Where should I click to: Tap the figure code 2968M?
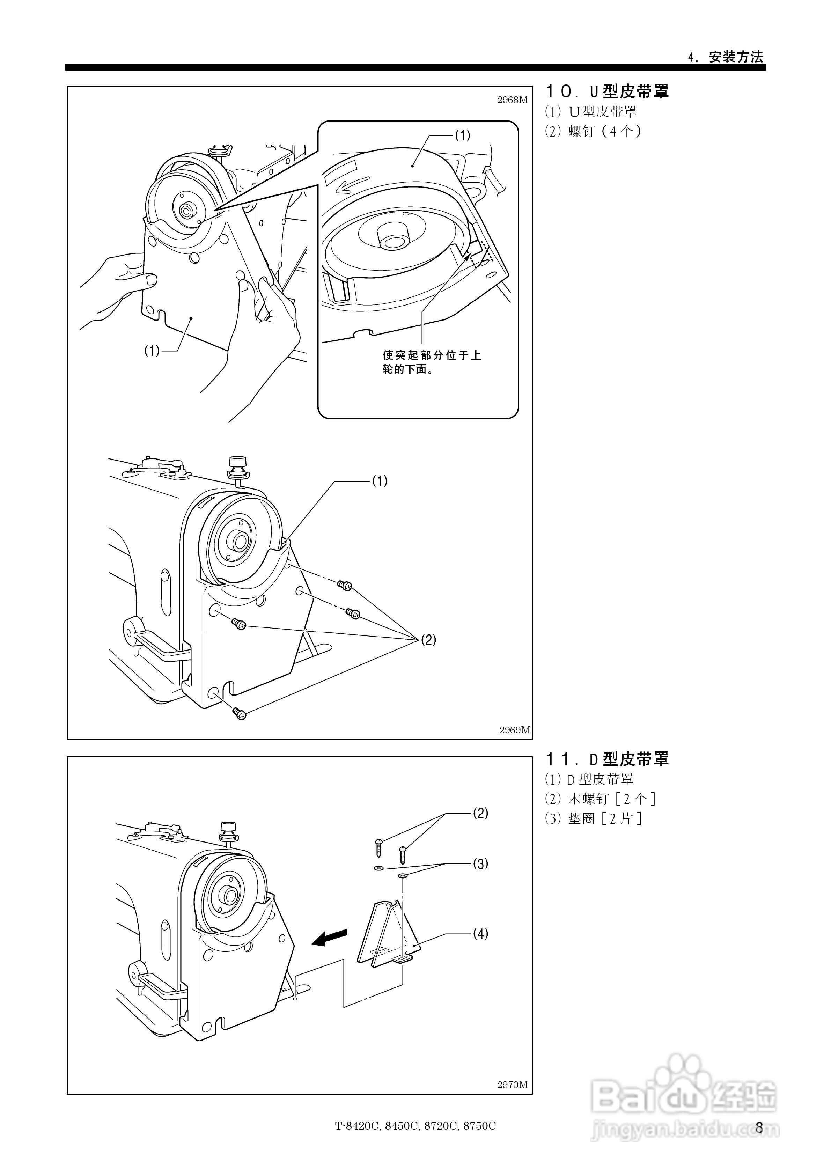(x=512, y=100)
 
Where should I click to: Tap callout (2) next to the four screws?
(x=428, y=640)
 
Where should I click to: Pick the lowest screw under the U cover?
(x=239, y=713)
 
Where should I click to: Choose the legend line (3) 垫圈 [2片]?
(x=593, y=818)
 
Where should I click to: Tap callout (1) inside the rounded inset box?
(x=462, y=135)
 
